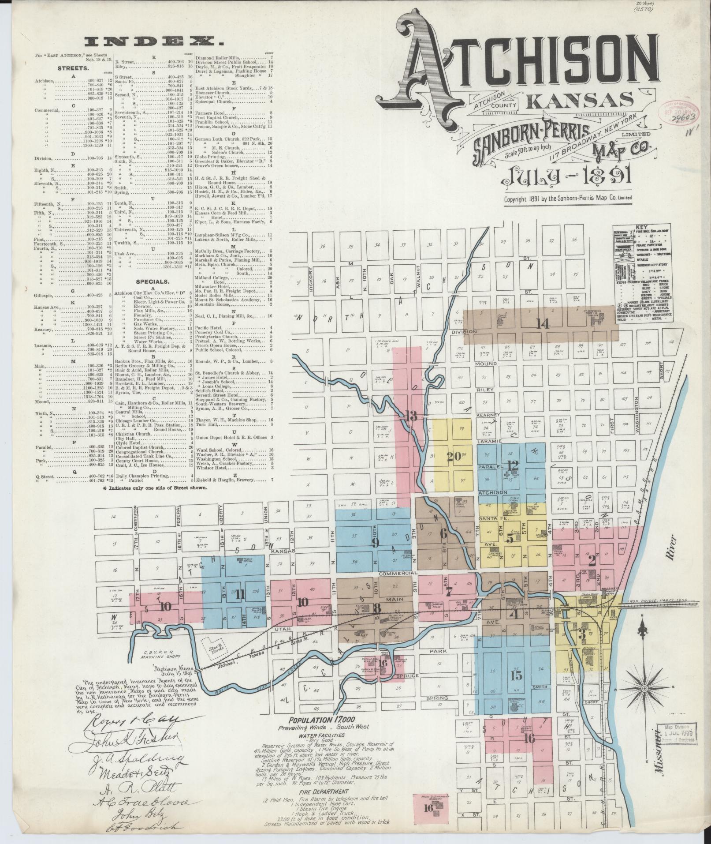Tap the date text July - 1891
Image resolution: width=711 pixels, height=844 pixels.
tap(569, 176)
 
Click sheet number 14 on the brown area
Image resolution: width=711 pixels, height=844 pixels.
tap(543, 324)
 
